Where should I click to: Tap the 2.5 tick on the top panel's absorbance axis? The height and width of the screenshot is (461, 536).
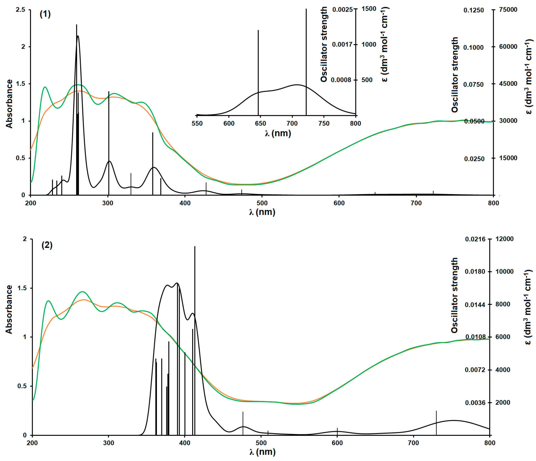21,10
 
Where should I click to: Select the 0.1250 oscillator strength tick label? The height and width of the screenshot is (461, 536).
473,10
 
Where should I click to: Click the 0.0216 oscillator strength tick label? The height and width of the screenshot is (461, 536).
475,239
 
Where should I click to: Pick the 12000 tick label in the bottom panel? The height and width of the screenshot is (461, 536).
504,239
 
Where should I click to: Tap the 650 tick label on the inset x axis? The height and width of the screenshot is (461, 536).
260,124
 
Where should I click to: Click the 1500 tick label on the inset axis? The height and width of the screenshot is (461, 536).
369,9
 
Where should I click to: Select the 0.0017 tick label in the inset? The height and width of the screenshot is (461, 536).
342,45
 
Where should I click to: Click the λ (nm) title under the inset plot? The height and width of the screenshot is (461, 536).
278,133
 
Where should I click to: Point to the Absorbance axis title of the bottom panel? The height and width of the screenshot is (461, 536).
9,309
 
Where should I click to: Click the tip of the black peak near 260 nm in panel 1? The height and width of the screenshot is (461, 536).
78,36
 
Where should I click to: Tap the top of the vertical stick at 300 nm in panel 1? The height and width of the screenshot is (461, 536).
109,92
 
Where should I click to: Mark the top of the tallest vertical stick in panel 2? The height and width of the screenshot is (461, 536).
195,247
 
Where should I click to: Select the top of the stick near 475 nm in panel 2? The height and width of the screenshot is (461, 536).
243,412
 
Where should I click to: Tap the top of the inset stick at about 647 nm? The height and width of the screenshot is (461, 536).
258,30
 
